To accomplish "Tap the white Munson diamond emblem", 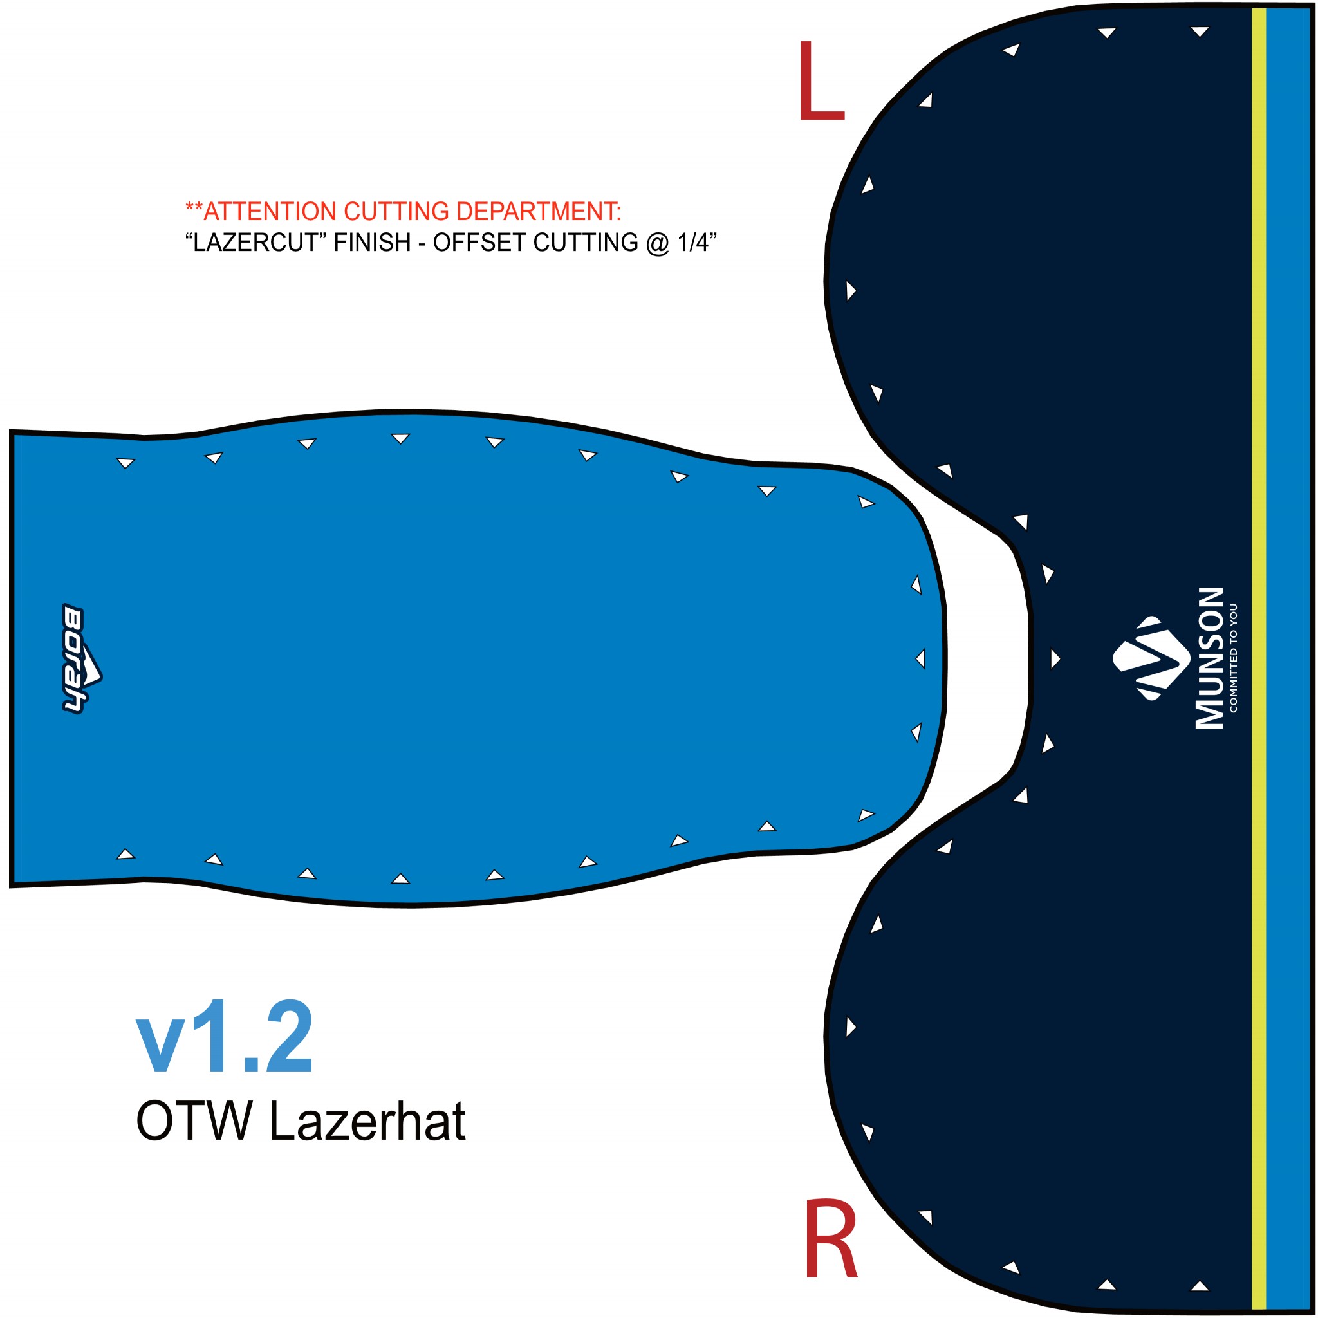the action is (x=1151, y=658).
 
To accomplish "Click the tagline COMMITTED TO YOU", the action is (x=1234, y=658).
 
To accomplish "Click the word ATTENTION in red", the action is (x=270, y=212).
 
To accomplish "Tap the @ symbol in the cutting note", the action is (x=657, y=243).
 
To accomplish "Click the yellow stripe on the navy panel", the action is (x=1259, y=659).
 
